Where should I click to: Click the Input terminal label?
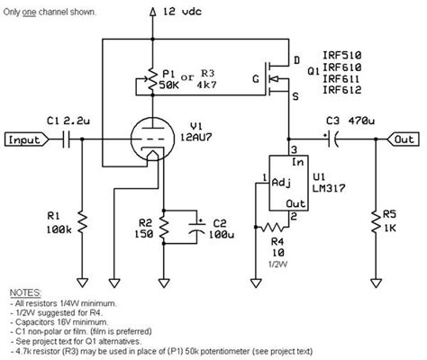[27, 139]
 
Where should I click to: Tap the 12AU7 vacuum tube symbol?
[152, 141]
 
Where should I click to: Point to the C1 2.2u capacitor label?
[65, 120]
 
